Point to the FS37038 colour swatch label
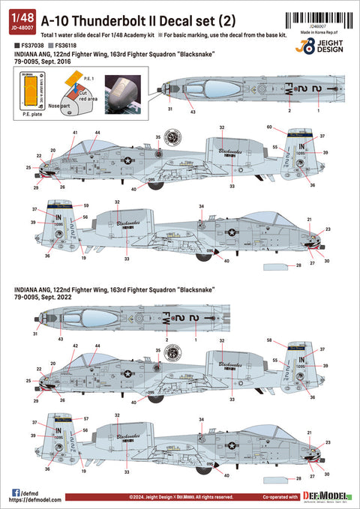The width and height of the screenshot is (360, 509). [27, 46]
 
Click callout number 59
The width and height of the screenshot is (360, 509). [86, 205]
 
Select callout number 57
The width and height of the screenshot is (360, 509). [86, 418]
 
